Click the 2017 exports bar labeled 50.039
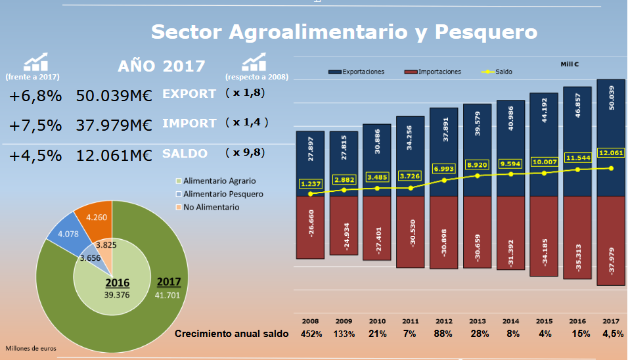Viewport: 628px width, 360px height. point(611,138)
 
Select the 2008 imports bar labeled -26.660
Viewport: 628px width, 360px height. point(310,227)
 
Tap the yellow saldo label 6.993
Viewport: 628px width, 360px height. point(445,169)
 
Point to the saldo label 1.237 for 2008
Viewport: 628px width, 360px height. point(310,184)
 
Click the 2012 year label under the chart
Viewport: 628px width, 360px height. point(444,321)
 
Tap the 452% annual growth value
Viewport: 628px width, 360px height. point(311,334)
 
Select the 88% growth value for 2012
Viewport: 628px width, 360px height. point(444,334)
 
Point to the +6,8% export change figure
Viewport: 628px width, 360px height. point(35,95)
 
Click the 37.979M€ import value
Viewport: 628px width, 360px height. point(114,124)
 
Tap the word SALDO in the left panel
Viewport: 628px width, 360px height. point(185,154)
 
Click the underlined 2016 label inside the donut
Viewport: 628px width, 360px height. point(118,283)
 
